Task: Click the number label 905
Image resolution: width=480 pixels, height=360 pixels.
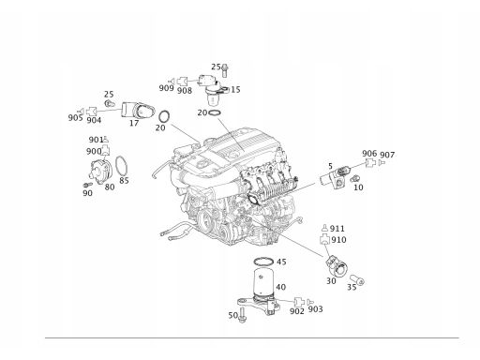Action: pos(75,117)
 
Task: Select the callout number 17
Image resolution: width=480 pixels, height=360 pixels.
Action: pos(134,123)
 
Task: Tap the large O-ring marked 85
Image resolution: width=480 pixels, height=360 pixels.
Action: pos(121,166)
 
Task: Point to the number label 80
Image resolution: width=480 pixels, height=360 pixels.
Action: pos(110,187)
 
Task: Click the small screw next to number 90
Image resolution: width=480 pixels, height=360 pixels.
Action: pos(88,185)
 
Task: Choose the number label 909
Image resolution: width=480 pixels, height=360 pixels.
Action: pos(166,88)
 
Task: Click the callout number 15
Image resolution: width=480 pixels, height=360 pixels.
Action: pos(235,90)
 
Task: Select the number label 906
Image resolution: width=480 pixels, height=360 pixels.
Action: pos(369,154)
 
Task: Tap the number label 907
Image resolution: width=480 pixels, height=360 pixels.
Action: pos(387,155)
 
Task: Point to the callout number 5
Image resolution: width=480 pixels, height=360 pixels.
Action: pos(330,166)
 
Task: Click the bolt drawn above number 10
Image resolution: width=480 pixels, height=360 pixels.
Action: pos(354,179)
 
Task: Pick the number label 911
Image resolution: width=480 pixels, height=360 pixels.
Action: pos(337,229)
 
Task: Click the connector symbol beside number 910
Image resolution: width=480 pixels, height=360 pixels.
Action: pos(324,239)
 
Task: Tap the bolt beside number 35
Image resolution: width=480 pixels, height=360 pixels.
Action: pos(357,279)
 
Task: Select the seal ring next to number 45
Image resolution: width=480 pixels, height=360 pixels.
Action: pos(263,261)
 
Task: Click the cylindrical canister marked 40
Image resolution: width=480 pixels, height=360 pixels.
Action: pos(262,282)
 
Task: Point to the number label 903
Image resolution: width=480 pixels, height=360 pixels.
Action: pos(315,309)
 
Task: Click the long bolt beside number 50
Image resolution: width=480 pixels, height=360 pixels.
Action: pos(242,315)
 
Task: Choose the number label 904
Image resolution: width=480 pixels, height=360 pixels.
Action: pos(94,120)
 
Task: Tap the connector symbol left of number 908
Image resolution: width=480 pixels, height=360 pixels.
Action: pos(182,82)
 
